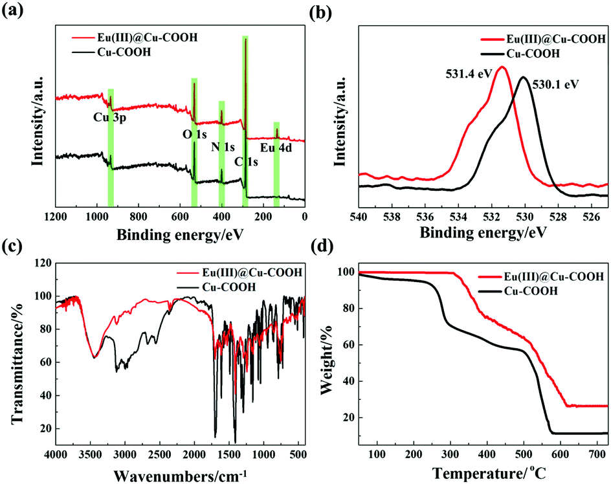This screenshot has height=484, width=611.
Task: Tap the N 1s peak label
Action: click(223, 146)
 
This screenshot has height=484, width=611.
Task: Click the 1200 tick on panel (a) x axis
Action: click(56, 216)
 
